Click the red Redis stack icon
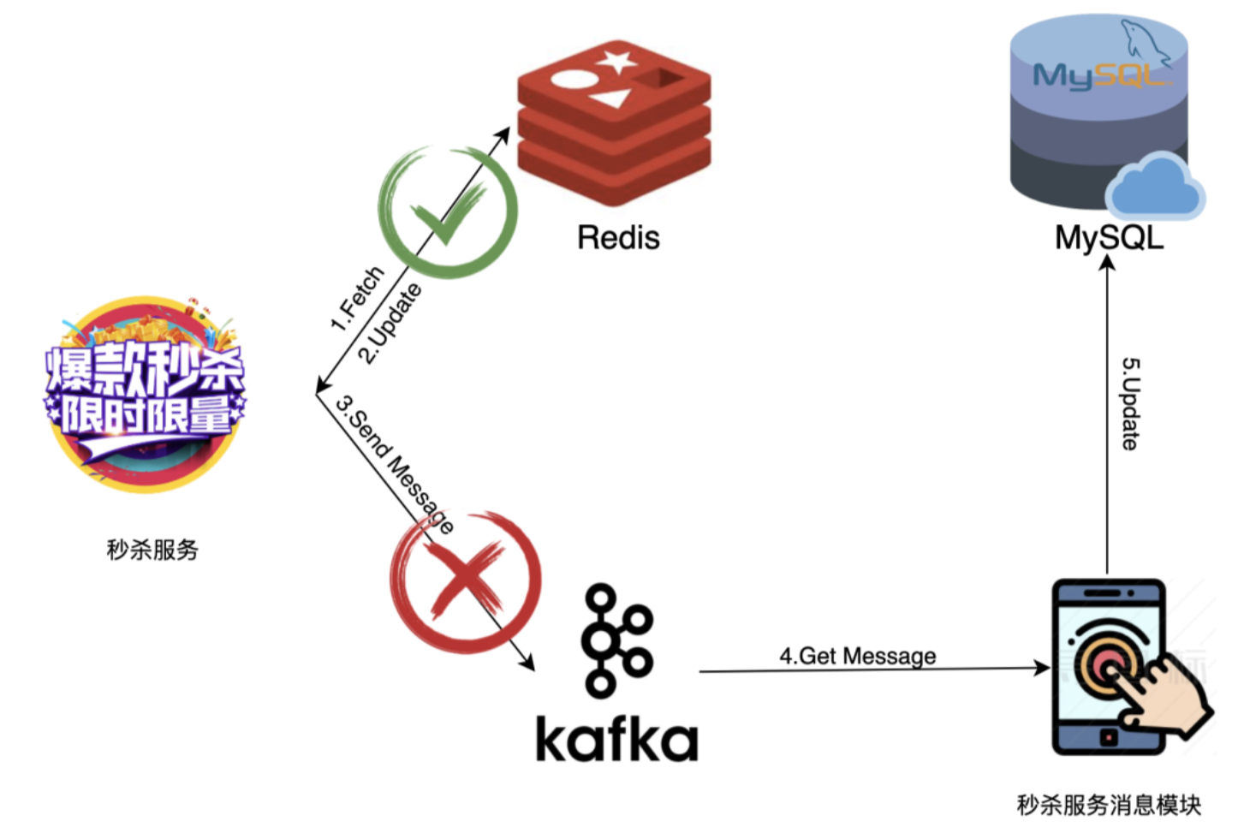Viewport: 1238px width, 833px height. [x=614, y=122]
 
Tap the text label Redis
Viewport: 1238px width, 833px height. [x=618, y=238]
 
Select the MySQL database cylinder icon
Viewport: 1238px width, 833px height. [x=1099, y=110]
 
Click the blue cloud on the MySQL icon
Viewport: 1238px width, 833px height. [x=1155, y=187]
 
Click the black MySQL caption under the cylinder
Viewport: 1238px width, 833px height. [x=1110, y=238]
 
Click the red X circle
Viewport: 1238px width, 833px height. [x=466, y=583]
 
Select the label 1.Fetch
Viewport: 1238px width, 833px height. [x=357, y=298]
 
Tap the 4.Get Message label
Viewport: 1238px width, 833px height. [x=858, y=656]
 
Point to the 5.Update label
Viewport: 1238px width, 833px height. [x=1129, y=404]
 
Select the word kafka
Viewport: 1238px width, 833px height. [x=616, y=739]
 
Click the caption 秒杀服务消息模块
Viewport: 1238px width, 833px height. [x=1109, y=805]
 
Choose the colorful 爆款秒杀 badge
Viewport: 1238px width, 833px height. [x=146, y=394]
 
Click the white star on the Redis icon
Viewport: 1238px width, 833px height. [x=616, y=61]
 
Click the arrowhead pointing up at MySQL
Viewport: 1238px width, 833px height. [x=1107, y=263]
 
